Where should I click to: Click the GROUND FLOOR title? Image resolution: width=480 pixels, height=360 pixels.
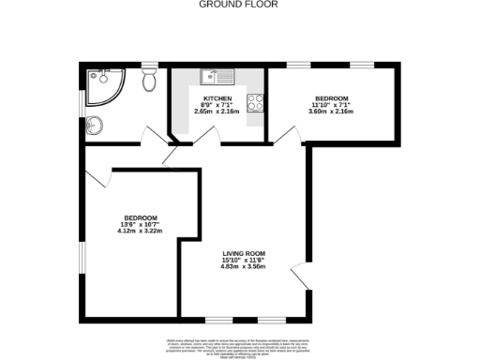(x=230, y=5)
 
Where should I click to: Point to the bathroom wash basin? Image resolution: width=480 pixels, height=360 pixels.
(x=94, y=123)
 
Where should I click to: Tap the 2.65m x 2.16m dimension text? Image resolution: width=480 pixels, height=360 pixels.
(x=217, y=112)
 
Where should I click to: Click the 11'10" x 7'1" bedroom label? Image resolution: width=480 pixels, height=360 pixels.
(x=332, y=105)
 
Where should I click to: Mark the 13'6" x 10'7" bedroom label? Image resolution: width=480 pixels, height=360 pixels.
(x=137, y=224)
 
